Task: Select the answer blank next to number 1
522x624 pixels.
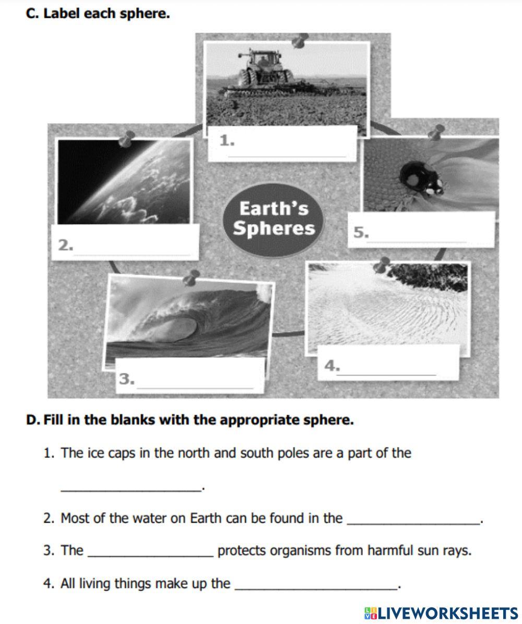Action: point(288,149)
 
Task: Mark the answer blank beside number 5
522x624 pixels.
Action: point(418,236)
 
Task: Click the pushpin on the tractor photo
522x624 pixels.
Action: point(300,40)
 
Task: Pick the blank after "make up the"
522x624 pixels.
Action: point(316,584)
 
